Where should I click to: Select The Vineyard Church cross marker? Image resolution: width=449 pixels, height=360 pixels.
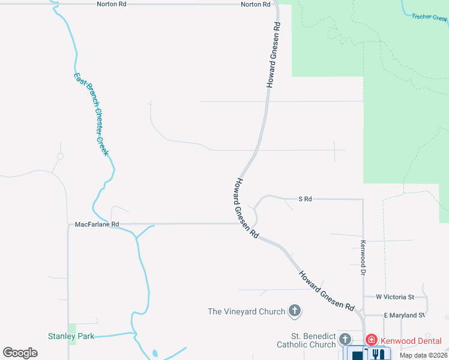pyautogui.click(x=295, y=311)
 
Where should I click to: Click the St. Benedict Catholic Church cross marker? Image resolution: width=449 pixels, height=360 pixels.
pyautogui.click(x=345, y=340)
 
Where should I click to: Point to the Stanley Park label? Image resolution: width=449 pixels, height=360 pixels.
pyautogui.click(x=71, y=337)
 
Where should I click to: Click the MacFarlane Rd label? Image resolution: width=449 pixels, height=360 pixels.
pyautogui.click(x=97, y=224)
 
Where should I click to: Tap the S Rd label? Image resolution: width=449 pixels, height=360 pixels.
pyautogui.click(x=305, y=199)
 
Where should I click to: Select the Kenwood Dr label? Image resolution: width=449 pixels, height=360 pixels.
pyautogui.click(x=363, y=258)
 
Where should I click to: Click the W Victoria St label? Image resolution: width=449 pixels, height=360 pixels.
pyautogui.click(x=395, y=297)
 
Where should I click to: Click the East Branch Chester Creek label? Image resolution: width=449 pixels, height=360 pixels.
pyautogui.click(x=91, y=114)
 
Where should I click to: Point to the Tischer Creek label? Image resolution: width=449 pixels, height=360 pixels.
pyautogui.click(x=430, y=17)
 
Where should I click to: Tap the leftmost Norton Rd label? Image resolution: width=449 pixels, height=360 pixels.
pyautogui.click(x=112, y=4)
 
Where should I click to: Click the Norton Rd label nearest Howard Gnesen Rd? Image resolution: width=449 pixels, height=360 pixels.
pyautogui.click(x=256, y=4)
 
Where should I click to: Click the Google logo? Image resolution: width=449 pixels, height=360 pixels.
pyautogui.click(x=20, y=353)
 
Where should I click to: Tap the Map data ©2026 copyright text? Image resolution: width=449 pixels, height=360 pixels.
pyautogui.click(x=423, y=355)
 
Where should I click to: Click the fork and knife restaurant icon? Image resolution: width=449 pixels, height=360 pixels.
pyautogui.click(x=378, y=355)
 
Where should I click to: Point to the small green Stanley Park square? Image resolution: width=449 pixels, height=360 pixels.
pyautogui.click(x=73, y=334)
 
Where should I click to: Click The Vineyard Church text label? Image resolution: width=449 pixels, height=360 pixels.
pyautogui.click(x=246, y=311)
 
